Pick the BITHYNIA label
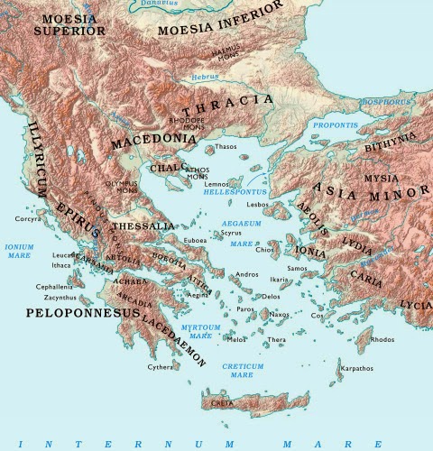click(x=390, y=142)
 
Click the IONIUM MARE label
click(x=19, y=250)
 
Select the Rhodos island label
click(x=382, y=340)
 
